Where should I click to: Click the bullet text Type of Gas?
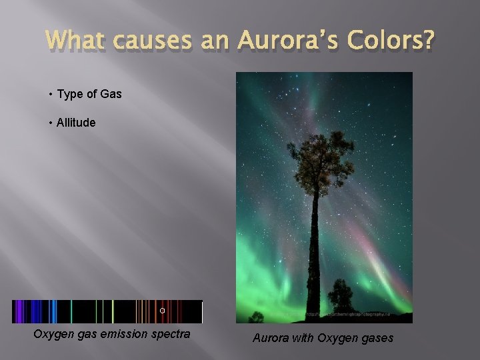tap(89, 94)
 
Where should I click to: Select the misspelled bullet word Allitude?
tap(76, 123)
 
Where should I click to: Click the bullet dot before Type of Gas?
tap(51, 94)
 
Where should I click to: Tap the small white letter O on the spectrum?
tap(162, 311)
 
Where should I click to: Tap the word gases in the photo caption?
tap(376, 338)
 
